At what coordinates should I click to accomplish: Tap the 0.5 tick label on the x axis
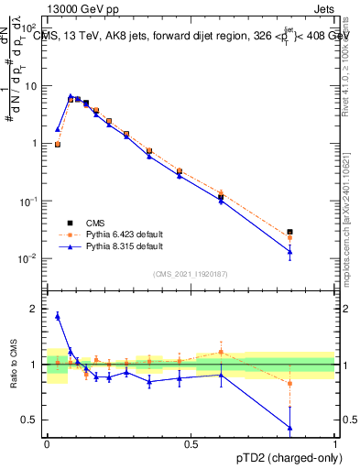(x=191, y=444)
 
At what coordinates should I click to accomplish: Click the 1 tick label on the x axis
(x=334, y=444)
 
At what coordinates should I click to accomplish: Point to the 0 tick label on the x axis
(x=48, y=444)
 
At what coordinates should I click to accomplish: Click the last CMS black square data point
(x=289, y=232)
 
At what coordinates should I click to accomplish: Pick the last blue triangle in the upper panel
(x=289, y=251)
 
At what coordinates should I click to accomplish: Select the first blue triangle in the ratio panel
(x=58, y=316)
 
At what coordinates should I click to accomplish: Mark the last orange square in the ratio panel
(x=289, y=383)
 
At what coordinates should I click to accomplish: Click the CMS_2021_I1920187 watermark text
(x=190, y=273)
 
